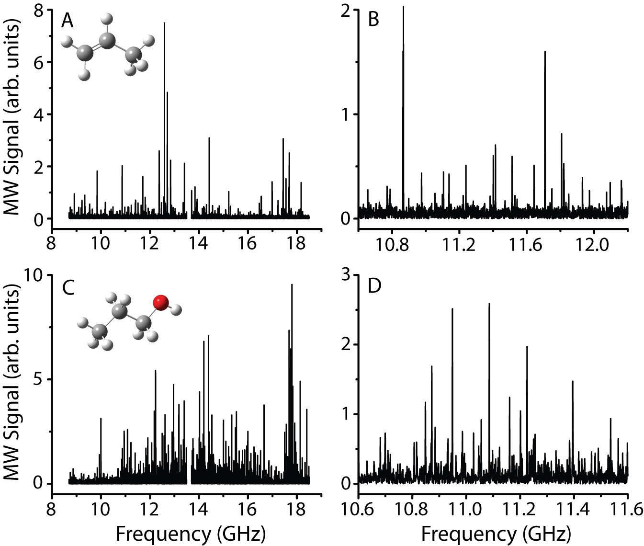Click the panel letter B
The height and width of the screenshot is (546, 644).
point(374,20)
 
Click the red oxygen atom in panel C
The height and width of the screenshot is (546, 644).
point(160,302)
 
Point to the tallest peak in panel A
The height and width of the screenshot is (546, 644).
point(164,24)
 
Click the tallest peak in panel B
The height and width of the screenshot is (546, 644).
point(403,8)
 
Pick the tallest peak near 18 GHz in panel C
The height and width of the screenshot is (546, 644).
point(292,285)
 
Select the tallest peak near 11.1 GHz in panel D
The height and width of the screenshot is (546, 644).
point(489,304)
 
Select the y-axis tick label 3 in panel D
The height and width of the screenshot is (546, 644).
point(349,275)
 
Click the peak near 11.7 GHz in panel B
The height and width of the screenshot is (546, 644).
point(545,52)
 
